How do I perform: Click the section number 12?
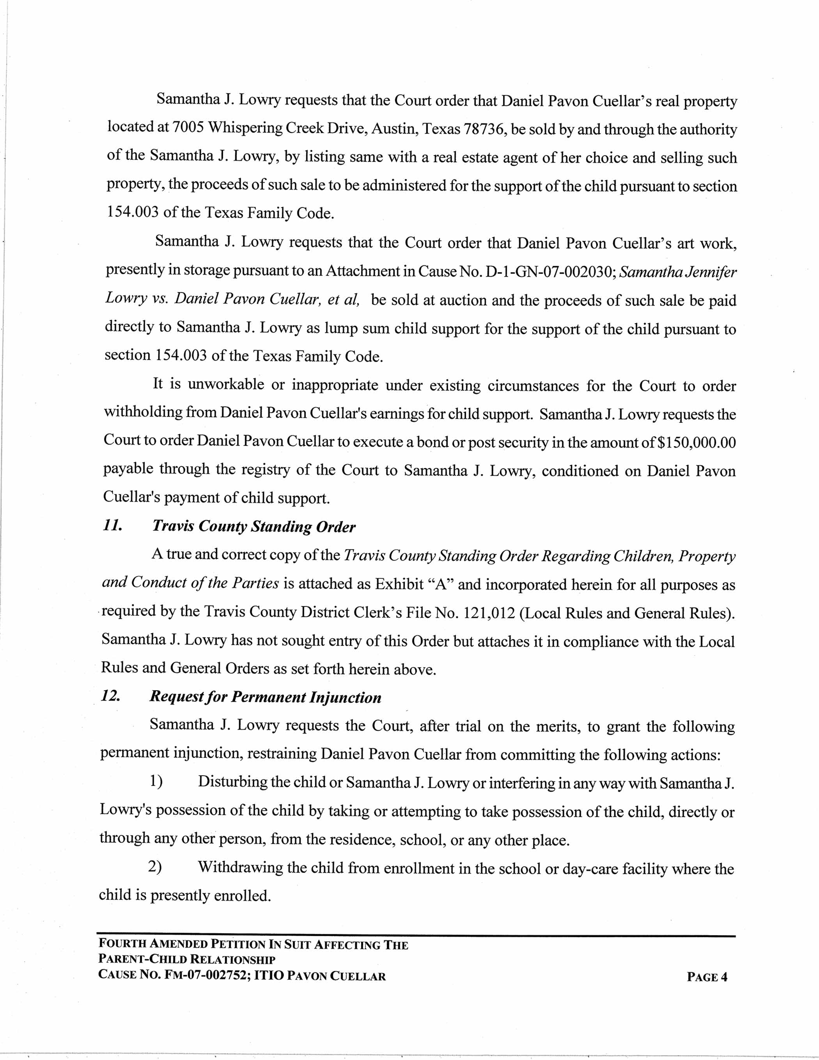tap(110, 696)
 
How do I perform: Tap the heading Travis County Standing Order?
tap(254, 526)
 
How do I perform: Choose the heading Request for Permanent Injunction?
tap(265, 697)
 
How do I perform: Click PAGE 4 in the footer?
tap(707, 977)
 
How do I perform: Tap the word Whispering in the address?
tap(244, 128)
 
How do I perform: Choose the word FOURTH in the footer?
tap(122, 944)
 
